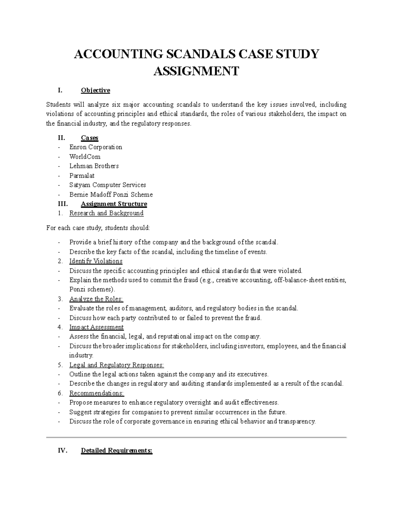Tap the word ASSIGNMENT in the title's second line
click(x=196, y=71)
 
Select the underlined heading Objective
click(x=95, y=90)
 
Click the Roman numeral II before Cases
click(x=61, y=138)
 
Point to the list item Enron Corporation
click(x=96, y=147)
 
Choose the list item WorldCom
click(x=85, y=157)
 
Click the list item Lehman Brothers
click(x=94, y=166)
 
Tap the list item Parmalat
click(x=82, y=176)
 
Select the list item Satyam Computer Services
click(x=107, y=185)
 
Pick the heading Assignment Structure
click(x=114, y=204)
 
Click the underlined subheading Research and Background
click(x=106, y=213)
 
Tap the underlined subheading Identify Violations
click(x=96, y=261)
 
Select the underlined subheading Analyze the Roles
click(x=96, y=299)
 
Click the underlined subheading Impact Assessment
click(x=96, y=327)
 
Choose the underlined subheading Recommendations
click(x=97, y=393)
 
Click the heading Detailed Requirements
click(x=117, y=450)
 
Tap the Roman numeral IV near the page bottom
click(x=62, y=450)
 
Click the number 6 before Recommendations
click(x=60, y=393)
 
